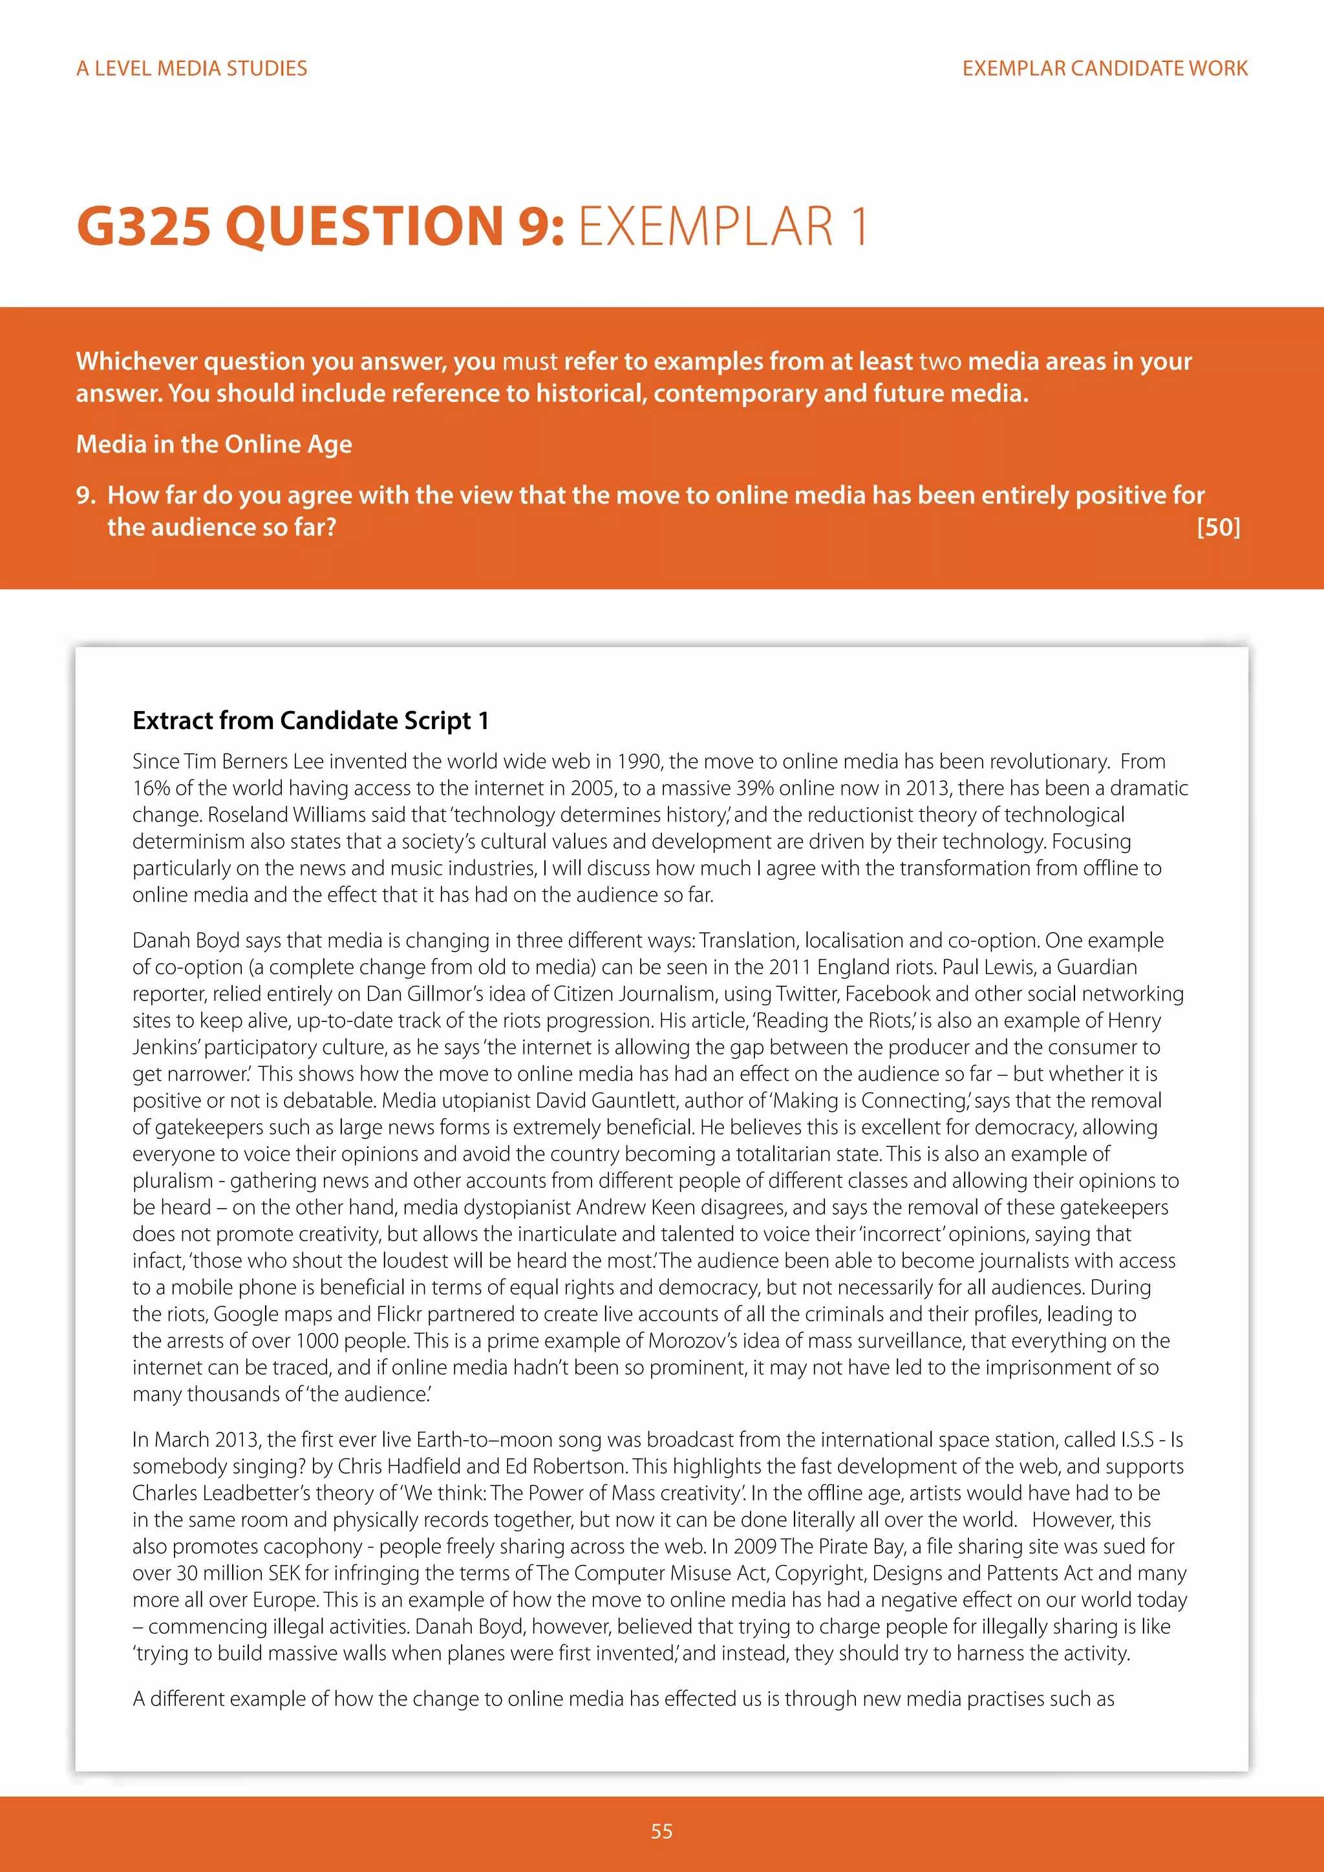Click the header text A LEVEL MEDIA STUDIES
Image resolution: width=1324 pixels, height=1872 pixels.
coord(191,69)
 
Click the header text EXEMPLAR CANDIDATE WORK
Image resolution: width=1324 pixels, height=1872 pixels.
coord(1104,69)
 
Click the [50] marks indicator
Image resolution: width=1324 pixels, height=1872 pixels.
coord(1218,527)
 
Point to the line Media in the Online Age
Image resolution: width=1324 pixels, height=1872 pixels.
coord(213,444)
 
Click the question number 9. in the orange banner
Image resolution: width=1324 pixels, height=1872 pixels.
coord(85,496)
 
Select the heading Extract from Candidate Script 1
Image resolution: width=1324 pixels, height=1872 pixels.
coord(310,721)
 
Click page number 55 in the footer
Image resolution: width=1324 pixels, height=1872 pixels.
coord(661,1831)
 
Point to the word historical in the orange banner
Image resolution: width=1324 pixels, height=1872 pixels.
coord(575,394)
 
